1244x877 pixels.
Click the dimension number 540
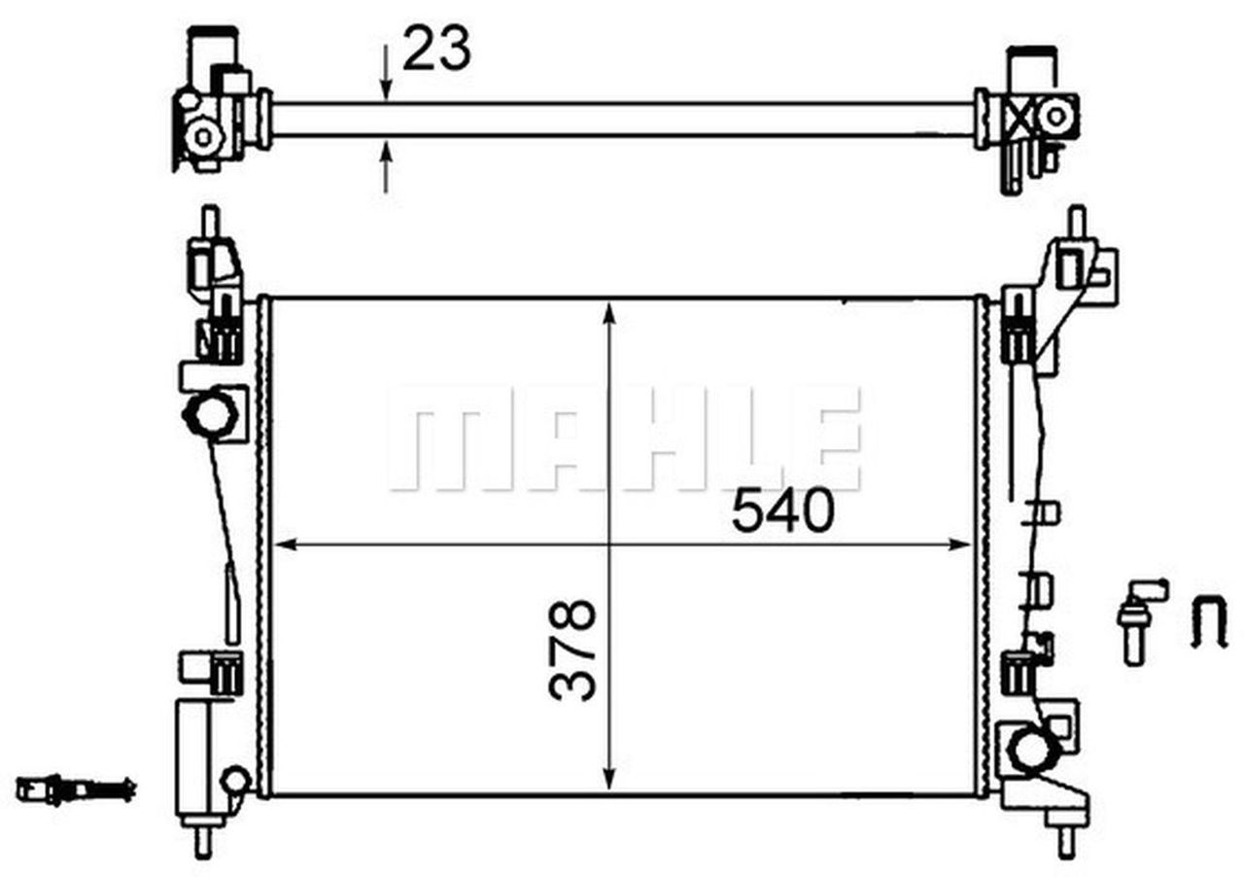[x=782, y=512]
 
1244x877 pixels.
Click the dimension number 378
[x=571, y=649]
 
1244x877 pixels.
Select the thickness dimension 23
[x=436, y=48]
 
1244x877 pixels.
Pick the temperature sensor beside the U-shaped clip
[x=1138, y=621]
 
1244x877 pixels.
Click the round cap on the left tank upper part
[x=209, y=417]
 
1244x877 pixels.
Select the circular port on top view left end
[x=204, y=135]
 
